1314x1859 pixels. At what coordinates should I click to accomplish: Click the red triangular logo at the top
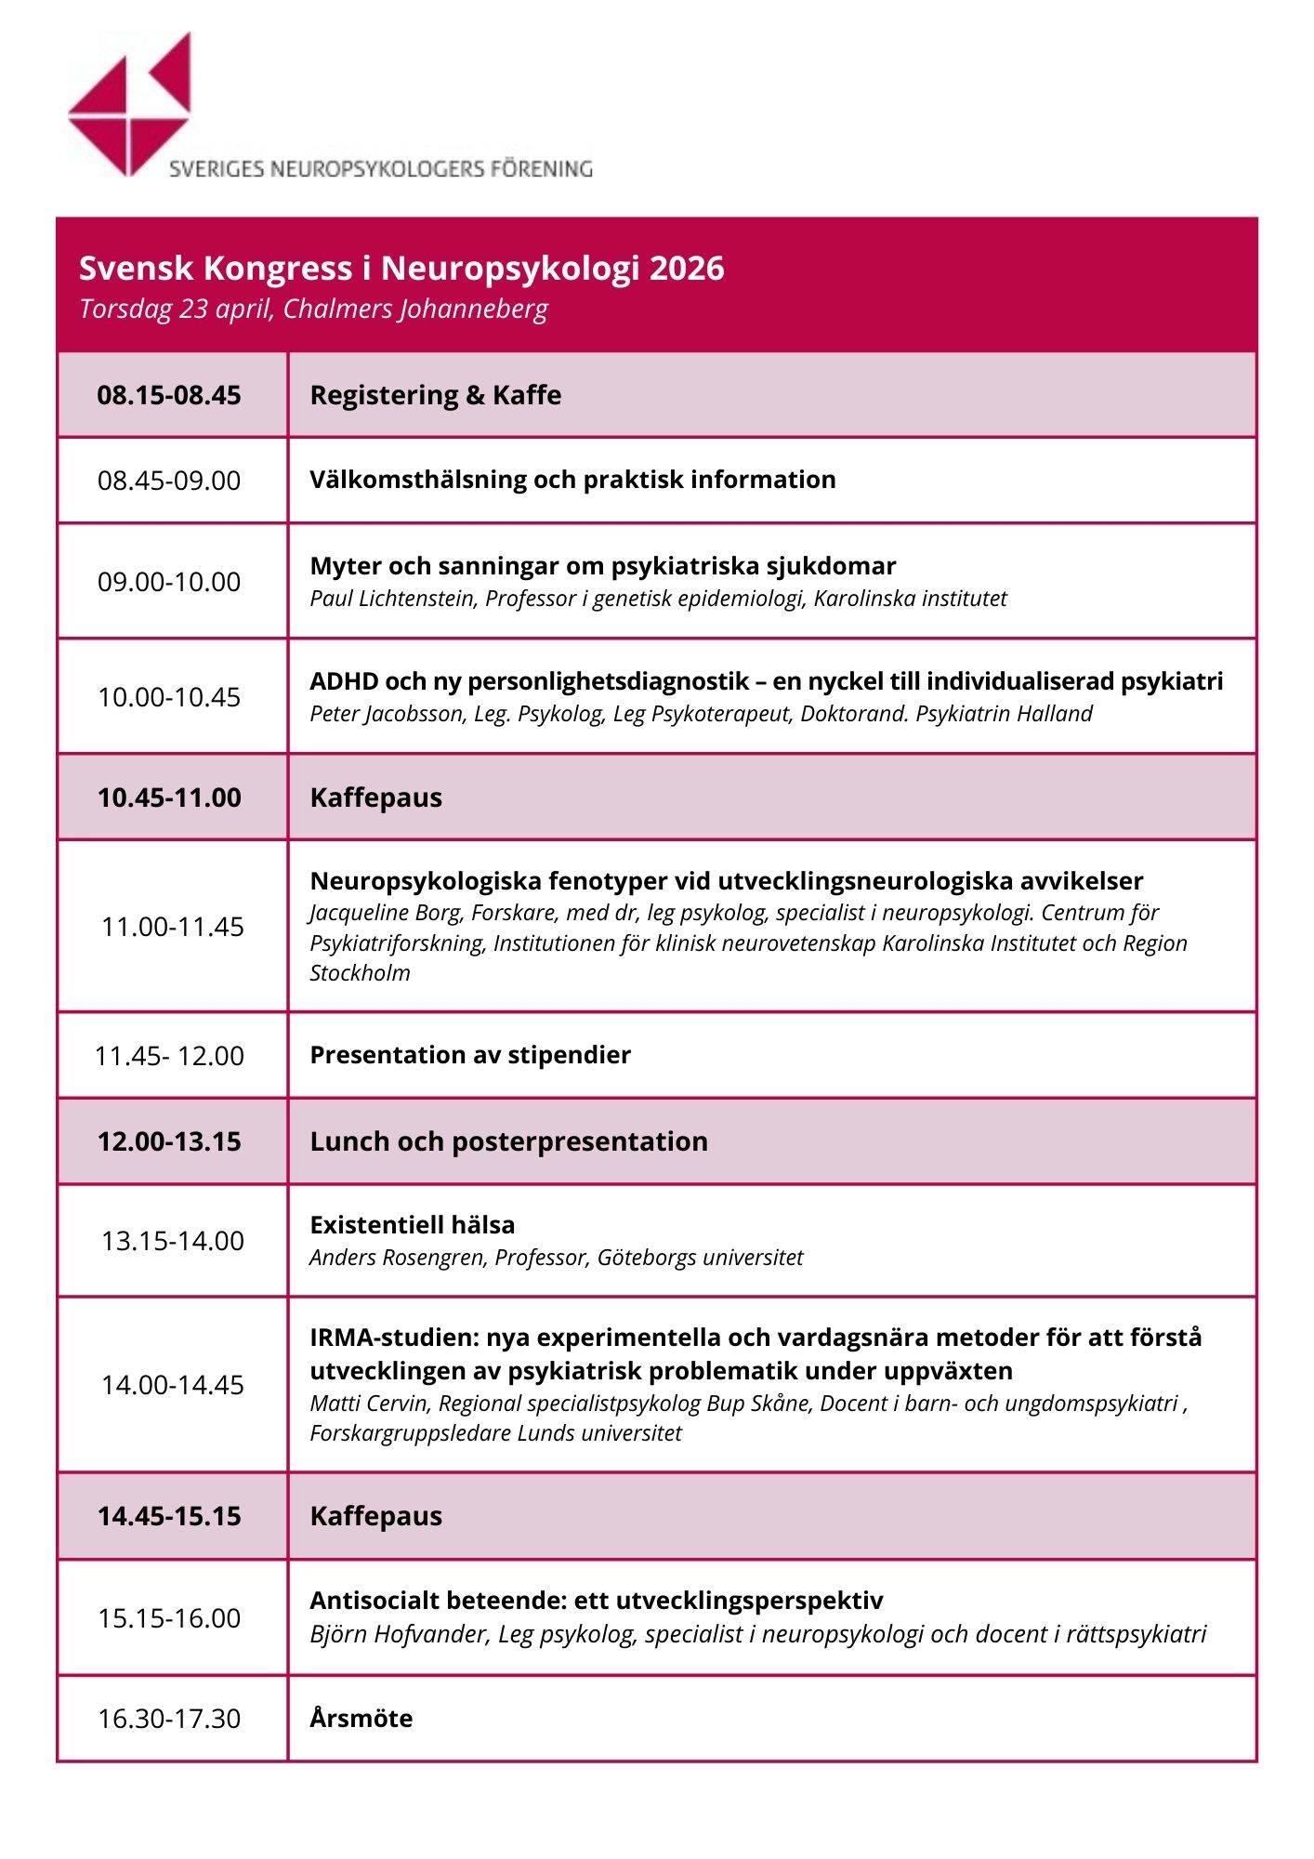(x=131, y=104)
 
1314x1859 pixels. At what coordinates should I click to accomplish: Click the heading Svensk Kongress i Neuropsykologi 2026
(x=401, y=268)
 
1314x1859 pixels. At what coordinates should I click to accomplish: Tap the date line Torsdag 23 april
(x=177, y=309)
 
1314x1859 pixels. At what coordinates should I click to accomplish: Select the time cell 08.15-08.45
(x=169, y=395)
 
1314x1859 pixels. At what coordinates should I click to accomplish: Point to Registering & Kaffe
(x=435, y=395)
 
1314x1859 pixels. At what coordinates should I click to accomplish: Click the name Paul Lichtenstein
(x=392, y=599)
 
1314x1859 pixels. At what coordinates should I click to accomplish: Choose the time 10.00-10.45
(x=169, y=697)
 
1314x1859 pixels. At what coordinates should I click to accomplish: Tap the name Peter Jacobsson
(x=387, y=714)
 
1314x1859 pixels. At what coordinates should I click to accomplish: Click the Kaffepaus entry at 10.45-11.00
(x=375, y=798)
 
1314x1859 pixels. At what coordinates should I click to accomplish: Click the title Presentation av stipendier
(x=470, y=1055)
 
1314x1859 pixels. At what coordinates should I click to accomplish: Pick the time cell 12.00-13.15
(x=169, y=1141)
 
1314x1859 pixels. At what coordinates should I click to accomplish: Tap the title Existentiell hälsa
(x=412, y=1225)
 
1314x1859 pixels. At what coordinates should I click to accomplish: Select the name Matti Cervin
(x=370, y=1404)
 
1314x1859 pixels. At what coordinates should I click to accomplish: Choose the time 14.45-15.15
(x=169, y=1516)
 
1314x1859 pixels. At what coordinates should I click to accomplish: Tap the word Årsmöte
(x=361, y=1719)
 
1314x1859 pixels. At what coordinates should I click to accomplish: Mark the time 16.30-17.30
(x=169, y=1719)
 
